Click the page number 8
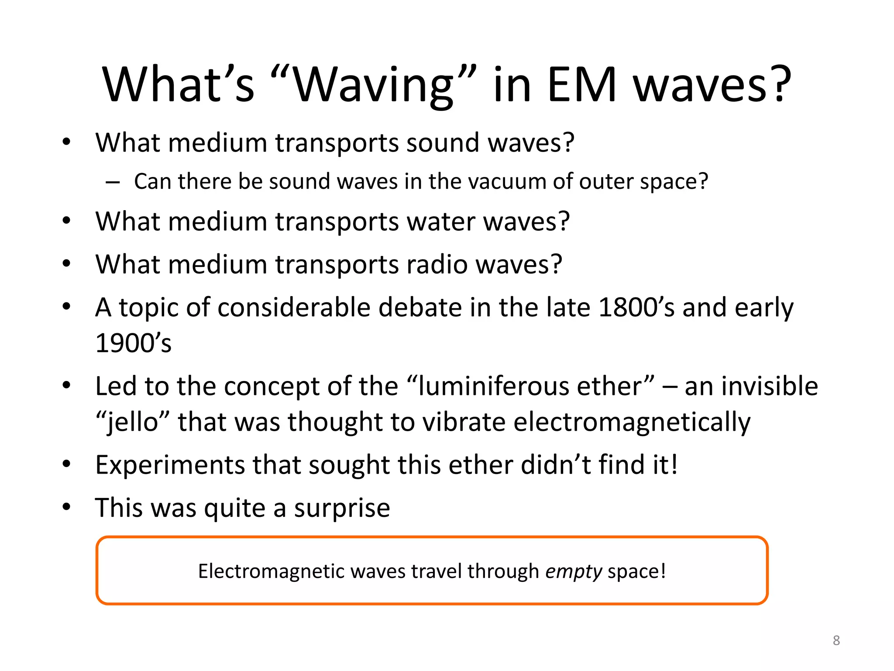836,640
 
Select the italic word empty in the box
574,571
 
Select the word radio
437,264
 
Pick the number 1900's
133,343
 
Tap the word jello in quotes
133,422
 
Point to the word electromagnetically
632,422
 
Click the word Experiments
170,465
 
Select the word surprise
342,508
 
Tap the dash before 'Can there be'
112,182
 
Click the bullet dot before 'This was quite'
66,507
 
